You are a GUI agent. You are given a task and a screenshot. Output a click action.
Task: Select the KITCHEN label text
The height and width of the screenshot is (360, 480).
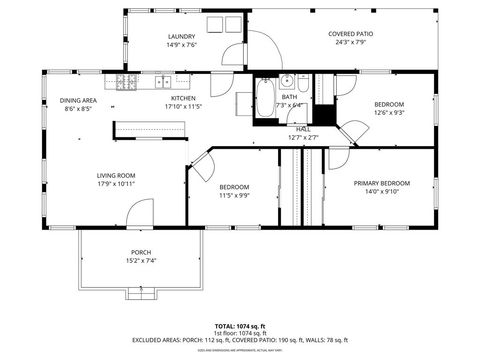click(183, 98)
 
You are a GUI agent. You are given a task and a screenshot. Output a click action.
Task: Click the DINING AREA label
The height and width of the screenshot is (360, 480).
click(77, 101)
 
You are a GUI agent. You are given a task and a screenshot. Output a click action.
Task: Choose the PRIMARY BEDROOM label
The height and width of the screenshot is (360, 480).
click(381, 183)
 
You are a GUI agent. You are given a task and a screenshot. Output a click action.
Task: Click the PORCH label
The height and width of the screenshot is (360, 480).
click(141, 252)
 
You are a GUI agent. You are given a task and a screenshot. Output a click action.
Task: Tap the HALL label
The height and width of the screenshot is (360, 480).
click(303, 129)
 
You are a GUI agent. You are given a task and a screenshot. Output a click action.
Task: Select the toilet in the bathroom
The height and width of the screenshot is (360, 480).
click(303, 82)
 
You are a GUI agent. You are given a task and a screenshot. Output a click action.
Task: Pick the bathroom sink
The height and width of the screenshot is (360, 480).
click(285, 82)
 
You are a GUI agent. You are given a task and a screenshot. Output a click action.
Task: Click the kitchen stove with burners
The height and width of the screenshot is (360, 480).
click(127, 81)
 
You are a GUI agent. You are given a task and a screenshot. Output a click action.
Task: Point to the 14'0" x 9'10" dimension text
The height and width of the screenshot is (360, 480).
click(381, 192)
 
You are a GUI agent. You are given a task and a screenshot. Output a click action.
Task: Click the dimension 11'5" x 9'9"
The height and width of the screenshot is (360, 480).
click(234, 196)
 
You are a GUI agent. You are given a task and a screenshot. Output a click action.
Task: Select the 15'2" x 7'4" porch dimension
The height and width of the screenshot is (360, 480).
click(141, 261)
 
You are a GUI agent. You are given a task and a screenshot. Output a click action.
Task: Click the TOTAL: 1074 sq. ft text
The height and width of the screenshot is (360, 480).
click(239, 326)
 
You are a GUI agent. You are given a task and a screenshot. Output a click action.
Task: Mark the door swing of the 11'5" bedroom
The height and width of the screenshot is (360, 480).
click(203, 167)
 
